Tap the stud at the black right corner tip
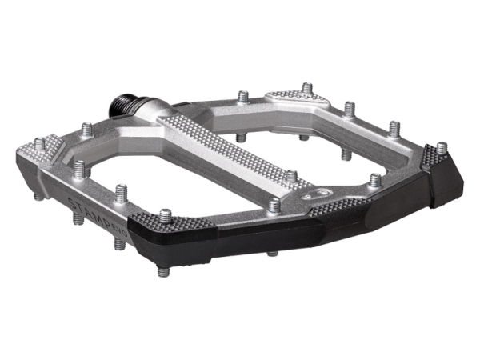coord(441,148)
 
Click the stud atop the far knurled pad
coord(306,86)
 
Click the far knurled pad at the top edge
coord(296,96)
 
